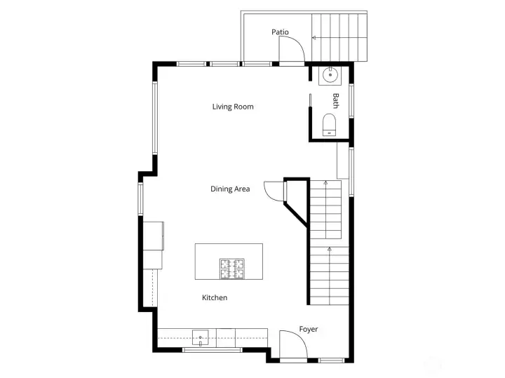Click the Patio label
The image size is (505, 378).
pyautogui.click(x=280, y=32)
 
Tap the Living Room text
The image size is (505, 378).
pyautogui.click(x=233, y=107)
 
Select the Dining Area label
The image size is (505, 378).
pyautogui.click(x=230, y=189)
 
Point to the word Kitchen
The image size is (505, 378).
pyautogui.click(x=215, y=298)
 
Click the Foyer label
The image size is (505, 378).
pyautogui.click(x=309, y=329)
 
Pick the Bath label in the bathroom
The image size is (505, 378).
pyautogui.click(x=336, y=101)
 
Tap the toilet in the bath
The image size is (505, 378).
pyautogui.click(x=329, y=125)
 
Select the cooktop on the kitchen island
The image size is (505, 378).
pyautogui.click(x=233, y=268)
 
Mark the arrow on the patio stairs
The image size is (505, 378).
pyautogui.click(x=314, y=38)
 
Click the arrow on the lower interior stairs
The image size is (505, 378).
pyautogui.click(x=330, y=249)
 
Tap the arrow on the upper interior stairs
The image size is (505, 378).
pyautogui.click(x=325, y=183)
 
